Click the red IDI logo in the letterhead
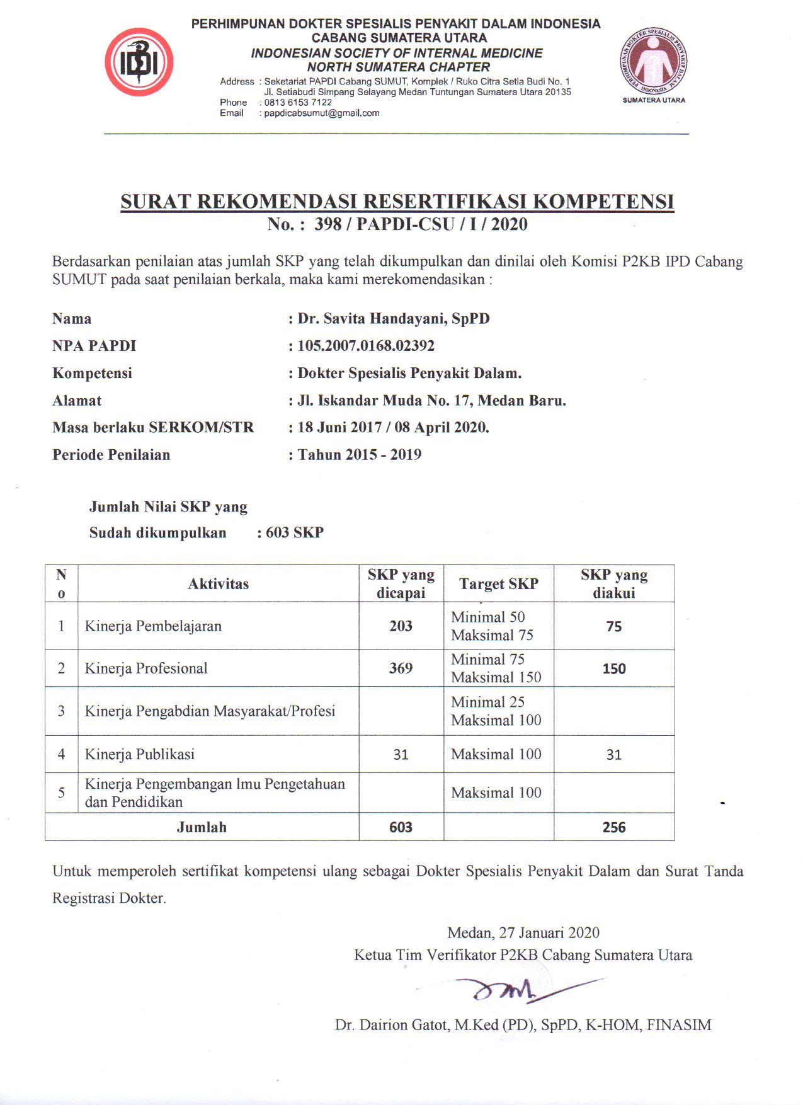pos(139,62)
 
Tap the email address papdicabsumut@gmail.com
pos(321,113)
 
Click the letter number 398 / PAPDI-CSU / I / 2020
pos(420,224)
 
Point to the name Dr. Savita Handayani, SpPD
pos(393,319)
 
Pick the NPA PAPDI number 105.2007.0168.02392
pos(365,346)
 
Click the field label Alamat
pos(77,401)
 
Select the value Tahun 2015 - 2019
pos(359,455)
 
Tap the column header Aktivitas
pos(218,584)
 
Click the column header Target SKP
pos(498,584)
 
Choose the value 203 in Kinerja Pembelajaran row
pos(401,626)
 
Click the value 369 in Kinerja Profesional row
pos(401,668)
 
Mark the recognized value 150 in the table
pos(613,669)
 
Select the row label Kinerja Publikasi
pos(140,755)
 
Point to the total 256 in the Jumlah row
pos(613,828)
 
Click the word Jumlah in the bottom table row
pos(202,828)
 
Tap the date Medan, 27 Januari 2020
pos(523,933)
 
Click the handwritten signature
pos(510,991)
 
